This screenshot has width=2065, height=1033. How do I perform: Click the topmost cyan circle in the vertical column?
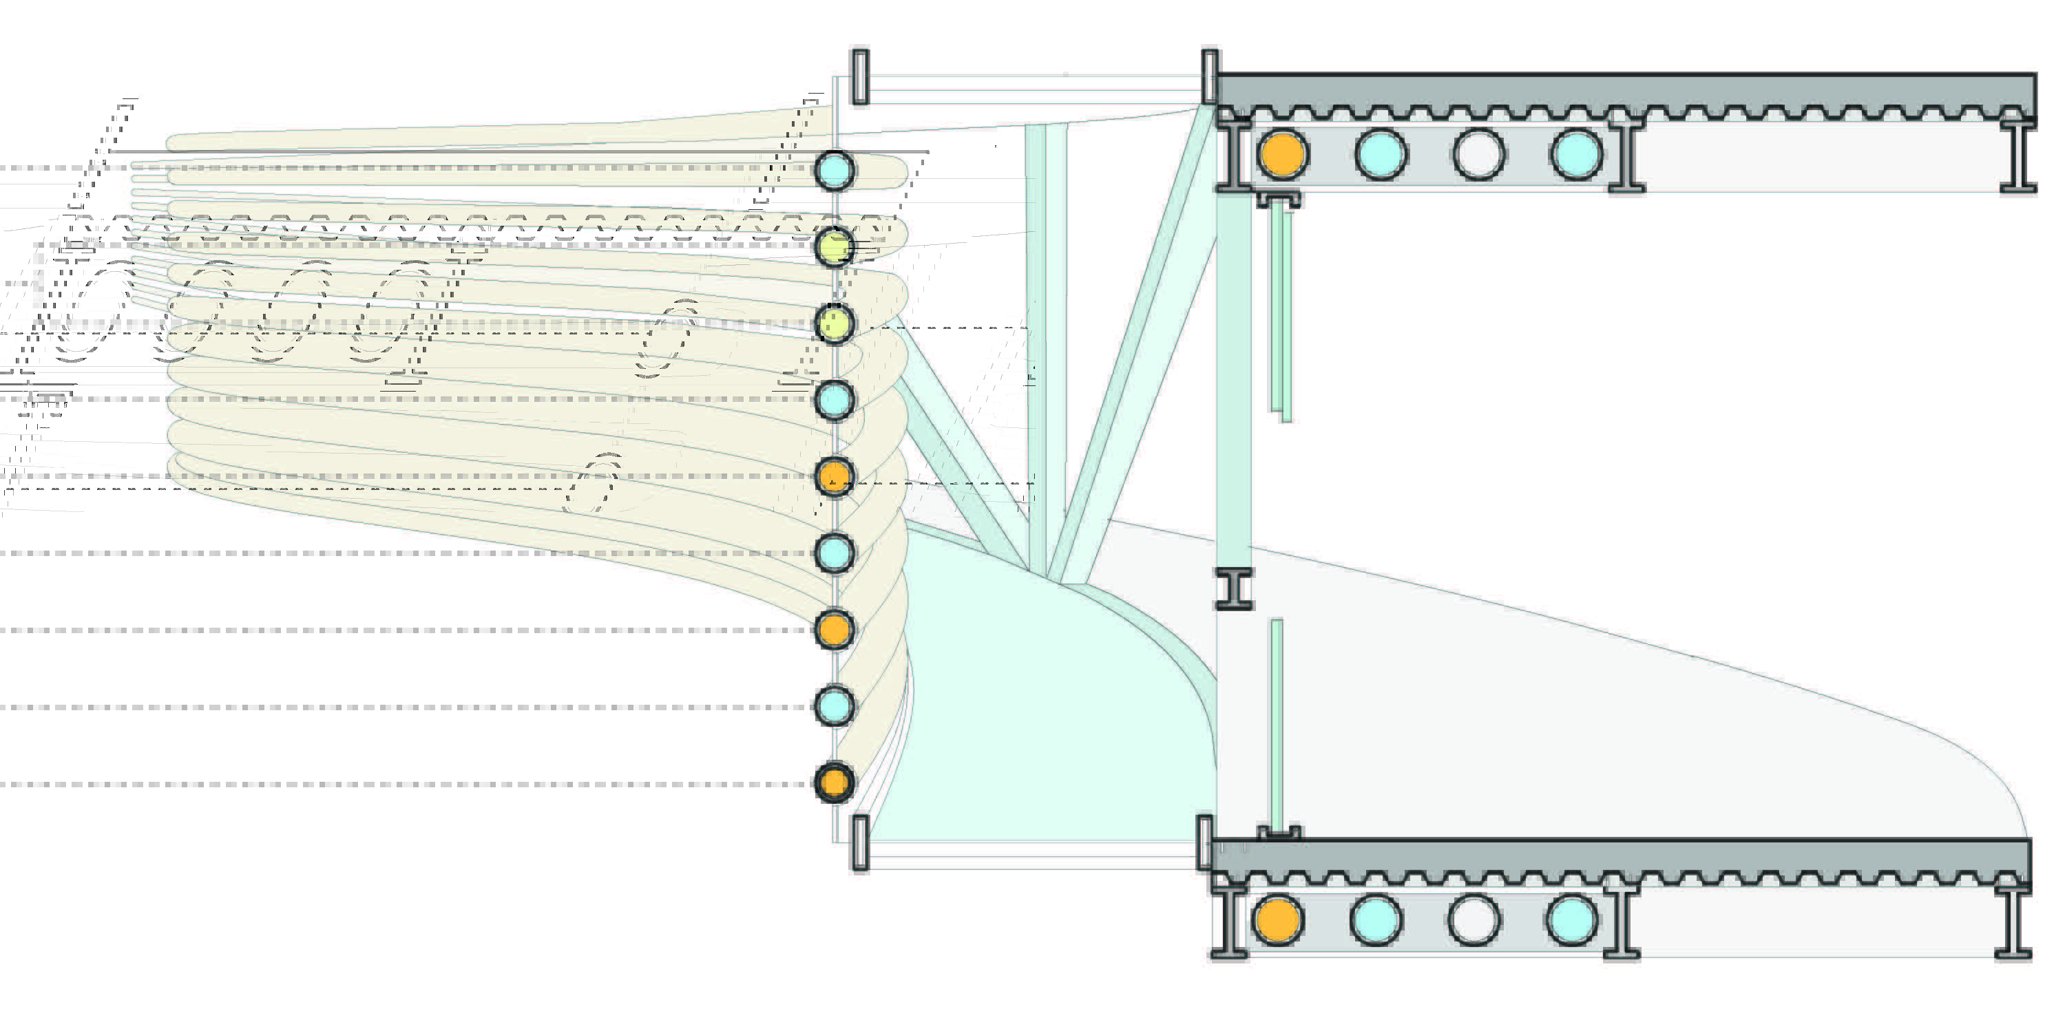click(835, 170)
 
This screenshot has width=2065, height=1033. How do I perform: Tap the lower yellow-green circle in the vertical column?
click(835, 323)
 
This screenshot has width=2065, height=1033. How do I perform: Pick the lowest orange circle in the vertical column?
click(835, 782)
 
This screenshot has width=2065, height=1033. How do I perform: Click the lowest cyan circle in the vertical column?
click(835, 706)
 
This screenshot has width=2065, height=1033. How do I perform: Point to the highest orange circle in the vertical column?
click(835, 476)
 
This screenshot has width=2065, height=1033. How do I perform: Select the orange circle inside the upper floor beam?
click(1283, 154)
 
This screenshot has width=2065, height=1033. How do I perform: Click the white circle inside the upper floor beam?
click(1478, 154)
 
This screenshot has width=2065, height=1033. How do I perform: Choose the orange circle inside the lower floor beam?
click(1277, 920)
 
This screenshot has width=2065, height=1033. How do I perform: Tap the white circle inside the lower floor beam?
click(1474, 920)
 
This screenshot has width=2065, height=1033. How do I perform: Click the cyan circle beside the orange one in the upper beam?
click(1381, 154)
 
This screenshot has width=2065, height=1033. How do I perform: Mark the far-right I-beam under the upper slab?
click(2017, 156)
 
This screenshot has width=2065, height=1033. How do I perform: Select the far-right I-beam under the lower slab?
click(2012, 922)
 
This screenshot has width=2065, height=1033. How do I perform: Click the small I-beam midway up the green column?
click(1234, 589)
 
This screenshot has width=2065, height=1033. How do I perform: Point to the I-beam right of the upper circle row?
click(1626, 156)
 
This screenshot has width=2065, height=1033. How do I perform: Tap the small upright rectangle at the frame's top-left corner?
click(860, 76)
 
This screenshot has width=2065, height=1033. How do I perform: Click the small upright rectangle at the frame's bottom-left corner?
click(860, 842)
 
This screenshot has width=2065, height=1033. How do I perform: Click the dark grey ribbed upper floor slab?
click(1627, 92)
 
